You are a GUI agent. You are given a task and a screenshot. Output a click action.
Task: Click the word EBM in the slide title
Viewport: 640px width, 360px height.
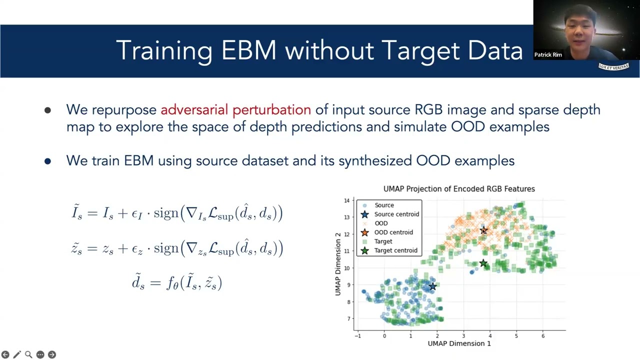click(248, 50)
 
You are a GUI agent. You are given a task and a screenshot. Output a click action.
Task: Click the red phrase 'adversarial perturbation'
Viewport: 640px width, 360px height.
click(235, 110)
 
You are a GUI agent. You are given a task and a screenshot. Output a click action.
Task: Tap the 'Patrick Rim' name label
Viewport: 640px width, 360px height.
click(548, 54)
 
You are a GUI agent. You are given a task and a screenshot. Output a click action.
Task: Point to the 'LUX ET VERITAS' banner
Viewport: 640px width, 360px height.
click(613, 66)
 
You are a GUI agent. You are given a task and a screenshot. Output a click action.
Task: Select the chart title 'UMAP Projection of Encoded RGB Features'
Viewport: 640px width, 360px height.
click(459, 189)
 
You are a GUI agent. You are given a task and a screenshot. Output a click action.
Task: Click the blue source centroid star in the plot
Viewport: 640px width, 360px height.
click(433, 286)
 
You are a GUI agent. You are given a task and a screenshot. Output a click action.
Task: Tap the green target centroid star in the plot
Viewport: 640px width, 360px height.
click(483, 263)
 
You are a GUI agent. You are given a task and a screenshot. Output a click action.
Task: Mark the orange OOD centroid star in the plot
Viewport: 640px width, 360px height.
click(483, 230)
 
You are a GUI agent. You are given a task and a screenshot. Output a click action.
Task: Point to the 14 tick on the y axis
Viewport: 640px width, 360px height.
click(346, 200)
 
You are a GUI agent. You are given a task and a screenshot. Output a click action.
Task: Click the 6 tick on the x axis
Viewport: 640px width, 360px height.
click(543, 336)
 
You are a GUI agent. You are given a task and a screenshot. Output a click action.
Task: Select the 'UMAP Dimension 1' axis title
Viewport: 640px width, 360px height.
click(459, 343)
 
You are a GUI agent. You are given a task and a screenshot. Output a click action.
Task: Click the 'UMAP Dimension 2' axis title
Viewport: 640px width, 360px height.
click(338, 264)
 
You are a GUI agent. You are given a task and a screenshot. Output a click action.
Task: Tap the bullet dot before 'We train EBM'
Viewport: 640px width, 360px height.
click(47, 161)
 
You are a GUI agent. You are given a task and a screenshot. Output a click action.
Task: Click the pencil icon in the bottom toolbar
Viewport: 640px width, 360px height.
click(17, 354)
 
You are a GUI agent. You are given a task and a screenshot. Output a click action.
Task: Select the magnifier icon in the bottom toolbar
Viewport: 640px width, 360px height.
click(28, 354)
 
